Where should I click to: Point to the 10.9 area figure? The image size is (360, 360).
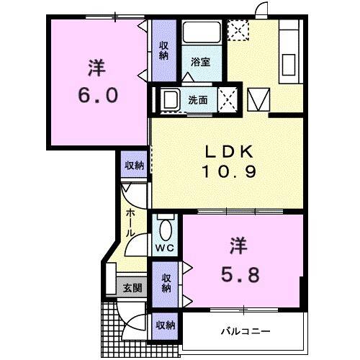click(x=228, y=174)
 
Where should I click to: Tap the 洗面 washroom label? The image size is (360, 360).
click(x=199, y=100)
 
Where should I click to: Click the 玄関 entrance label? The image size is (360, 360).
click(x=132, y=288)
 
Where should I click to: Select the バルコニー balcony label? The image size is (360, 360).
click(x=245, y=332)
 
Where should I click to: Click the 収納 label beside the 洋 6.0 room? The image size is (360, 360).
click(x=164, y=50)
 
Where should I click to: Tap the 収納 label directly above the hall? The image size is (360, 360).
click(x=134, y=165)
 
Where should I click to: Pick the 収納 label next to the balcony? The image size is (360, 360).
click(x=165, y=325)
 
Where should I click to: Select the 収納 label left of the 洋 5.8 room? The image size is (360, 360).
click(x=166, y=283)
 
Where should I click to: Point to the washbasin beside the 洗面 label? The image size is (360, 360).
click(x=170, y=99)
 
